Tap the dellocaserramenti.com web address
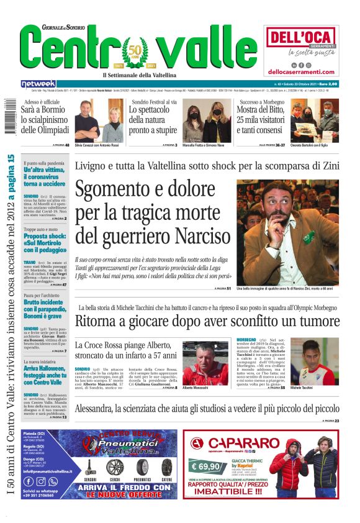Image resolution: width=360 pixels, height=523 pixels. [304, 72]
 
